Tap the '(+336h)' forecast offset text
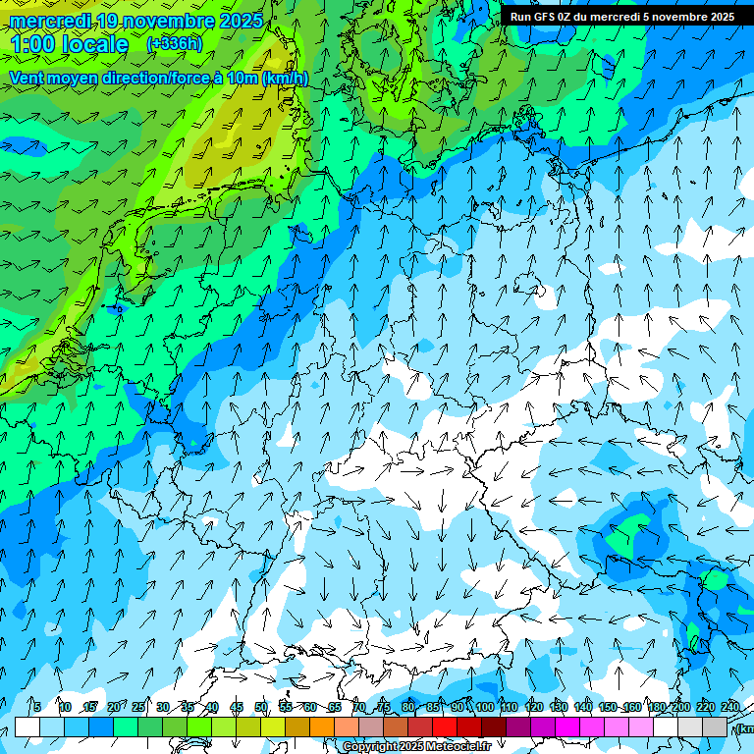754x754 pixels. click(174, 44)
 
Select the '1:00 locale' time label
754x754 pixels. click(69, 45)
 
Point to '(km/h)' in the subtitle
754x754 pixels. click(285, 79)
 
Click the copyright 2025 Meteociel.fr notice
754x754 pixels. click(416, 747)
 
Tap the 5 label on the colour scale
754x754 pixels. click(36, 707)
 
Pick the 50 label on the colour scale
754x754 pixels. click(260, 707)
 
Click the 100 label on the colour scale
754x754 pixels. click(484, 707)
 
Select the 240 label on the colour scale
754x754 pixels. click(729, 707)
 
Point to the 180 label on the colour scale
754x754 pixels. click(656, 707)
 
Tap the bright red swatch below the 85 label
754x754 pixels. click(445, 727)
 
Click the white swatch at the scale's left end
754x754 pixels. click(27, 727)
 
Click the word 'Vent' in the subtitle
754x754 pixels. click(27, 79)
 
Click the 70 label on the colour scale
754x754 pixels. click(359, 707)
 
